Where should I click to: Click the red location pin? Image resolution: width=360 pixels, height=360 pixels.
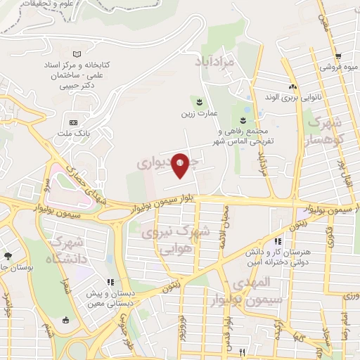(180, 165)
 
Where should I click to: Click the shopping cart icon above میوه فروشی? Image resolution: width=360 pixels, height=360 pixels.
(338, 57)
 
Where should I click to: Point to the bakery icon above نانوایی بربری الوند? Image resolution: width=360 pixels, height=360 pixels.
(292, 86)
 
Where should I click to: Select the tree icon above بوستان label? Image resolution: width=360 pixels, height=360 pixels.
(8, 257)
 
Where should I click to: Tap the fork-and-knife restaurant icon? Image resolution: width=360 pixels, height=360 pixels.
(243, 352)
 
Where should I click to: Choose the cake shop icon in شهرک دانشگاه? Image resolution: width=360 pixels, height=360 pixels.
(66, 320)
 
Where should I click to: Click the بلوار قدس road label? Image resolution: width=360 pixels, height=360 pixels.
(228, 330)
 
